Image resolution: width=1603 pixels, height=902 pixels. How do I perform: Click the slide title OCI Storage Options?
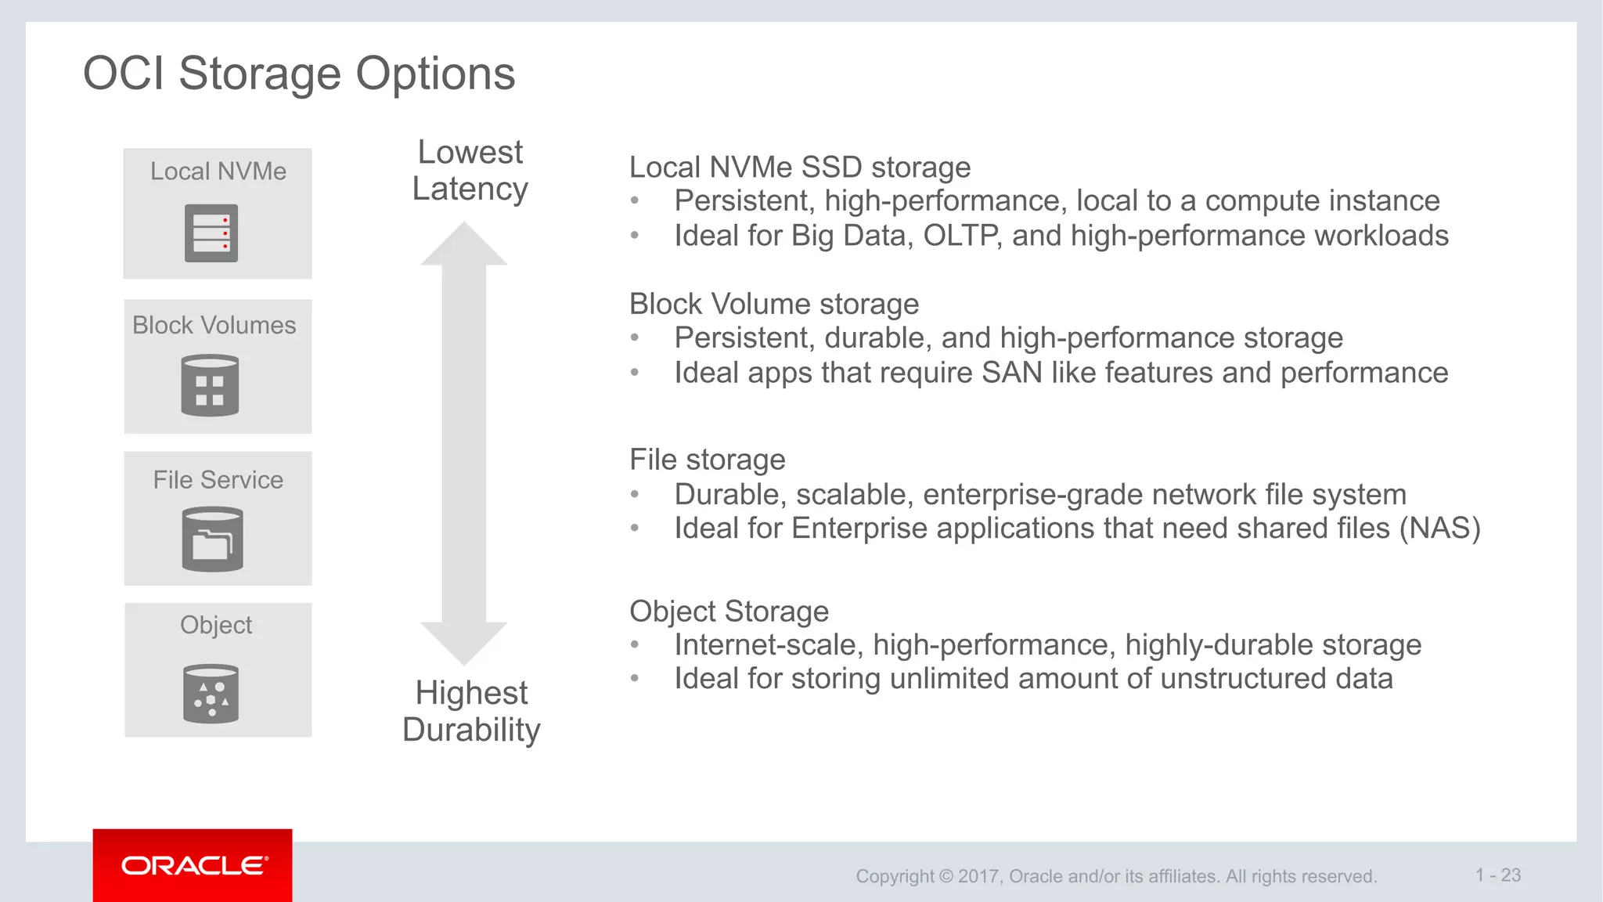tap(299, 74)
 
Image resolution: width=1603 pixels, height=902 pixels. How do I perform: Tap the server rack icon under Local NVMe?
tap(211, 233)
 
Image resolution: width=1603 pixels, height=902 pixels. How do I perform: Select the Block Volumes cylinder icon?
tap(210, 385)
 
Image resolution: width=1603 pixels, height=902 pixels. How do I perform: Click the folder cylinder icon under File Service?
tap(212, 539)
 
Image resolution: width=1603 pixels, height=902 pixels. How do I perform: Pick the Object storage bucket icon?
tap(211, 694)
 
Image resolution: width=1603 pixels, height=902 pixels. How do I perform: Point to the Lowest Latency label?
tap(470, 170)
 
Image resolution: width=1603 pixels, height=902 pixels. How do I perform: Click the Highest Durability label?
tap(471, 711)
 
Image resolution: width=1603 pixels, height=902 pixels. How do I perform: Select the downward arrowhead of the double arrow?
tap(464, 642)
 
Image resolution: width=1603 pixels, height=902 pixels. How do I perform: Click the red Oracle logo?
tap(193, 865)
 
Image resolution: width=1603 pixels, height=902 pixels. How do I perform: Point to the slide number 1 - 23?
tap(1498, 875)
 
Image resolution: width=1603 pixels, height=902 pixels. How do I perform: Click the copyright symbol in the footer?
tap(946, 876)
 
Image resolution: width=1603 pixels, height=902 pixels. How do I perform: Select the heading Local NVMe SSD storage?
tap(800, 168)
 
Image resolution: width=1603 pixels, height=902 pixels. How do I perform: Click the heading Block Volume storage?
tap(774, 304)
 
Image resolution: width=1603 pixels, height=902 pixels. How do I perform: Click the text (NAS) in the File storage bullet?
tap(1439, 529)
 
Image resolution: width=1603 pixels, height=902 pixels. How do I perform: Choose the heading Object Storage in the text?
tap(729, 612)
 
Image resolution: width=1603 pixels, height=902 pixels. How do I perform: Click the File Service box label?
tap(218, 480)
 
